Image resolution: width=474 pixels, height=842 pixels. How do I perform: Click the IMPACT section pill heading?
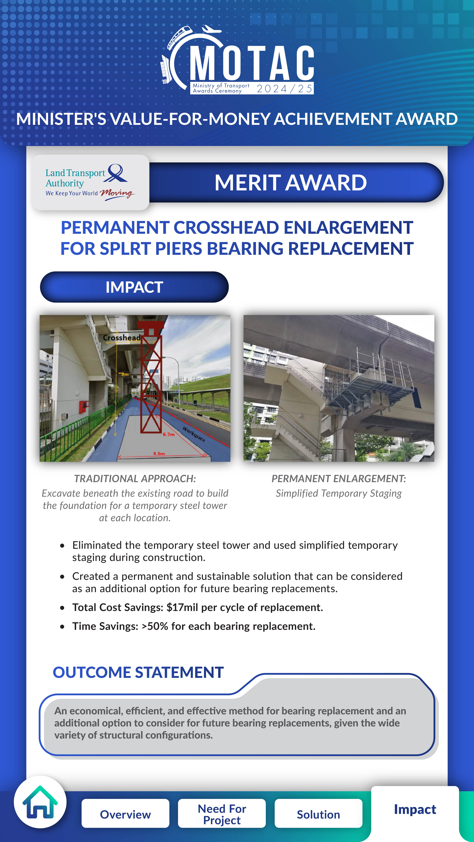(x=134, y=287)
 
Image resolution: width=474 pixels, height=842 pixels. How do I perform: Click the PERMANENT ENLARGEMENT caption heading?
(x=339, y=479)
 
